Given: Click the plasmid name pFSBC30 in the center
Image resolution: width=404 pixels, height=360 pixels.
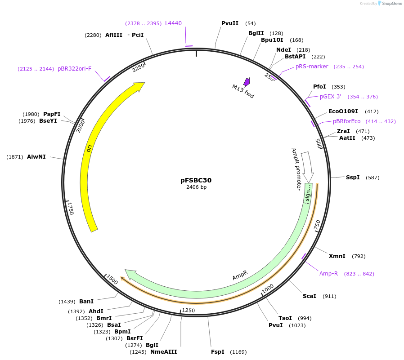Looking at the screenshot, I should [x=196, y=180].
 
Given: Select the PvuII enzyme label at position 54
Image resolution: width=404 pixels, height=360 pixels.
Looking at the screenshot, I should [x=230, y=23].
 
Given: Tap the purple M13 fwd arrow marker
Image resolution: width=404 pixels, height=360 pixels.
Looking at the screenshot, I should [x=247, y=82].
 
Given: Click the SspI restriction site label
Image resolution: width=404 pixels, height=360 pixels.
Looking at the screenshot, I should [x=353, y=178].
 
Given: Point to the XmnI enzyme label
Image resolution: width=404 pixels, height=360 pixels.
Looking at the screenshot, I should [x=337, y=256].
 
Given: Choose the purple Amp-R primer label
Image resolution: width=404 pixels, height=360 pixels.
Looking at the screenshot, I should [x=328, y=274].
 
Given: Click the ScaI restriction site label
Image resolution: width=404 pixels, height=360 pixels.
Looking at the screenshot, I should [x=310, y=296].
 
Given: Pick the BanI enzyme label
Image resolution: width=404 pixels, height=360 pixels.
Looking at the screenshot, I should [x=86, y=302].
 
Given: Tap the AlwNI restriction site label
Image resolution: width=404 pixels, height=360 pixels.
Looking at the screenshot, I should [x=36, y=157].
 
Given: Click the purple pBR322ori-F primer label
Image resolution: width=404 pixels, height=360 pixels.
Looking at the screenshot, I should [x=74, y=69].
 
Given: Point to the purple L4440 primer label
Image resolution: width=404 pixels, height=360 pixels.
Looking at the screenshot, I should [x=173, y=23].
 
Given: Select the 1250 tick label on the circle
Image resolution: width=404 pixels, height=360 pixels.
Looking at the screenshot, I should [x=188, y=311].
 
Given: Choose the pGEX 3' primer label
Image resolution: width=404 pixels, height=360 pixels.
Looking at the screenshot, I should [x=331, y=97].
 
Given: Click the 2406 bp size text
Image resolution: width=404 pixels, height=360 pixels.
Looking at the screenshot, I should [x=196, y=187].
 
